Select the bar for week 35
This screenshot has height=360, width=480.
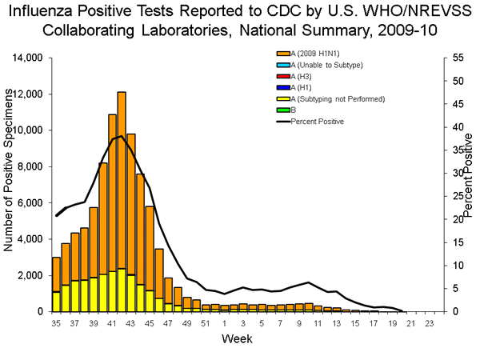point(56,284)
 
